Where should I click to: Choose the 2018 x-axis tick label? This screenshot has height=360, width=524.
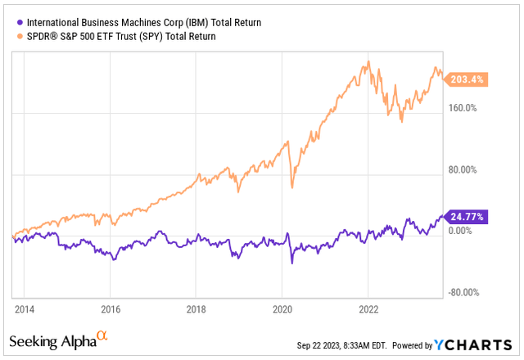point(196,309)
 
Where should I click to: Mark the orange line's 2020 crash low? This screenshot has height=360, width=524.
point(292,188)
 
